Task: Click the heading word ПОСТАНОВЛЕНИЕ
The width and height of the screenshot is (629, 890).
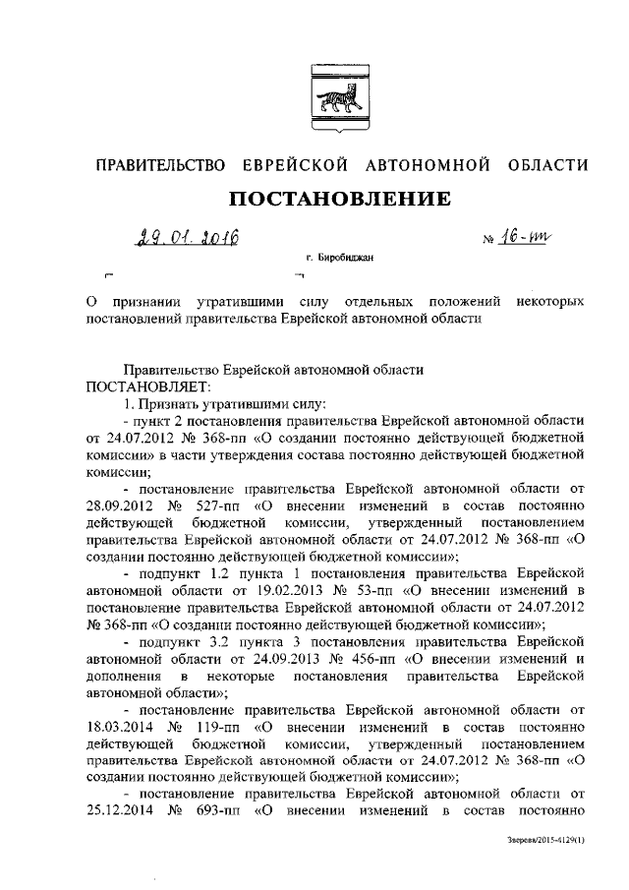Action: coord(340,200)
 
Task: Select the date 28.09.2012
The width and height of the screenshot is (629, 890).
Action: coord(121,504)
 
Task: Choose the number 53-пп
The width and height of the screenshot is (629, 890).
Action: coord(376,589)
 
